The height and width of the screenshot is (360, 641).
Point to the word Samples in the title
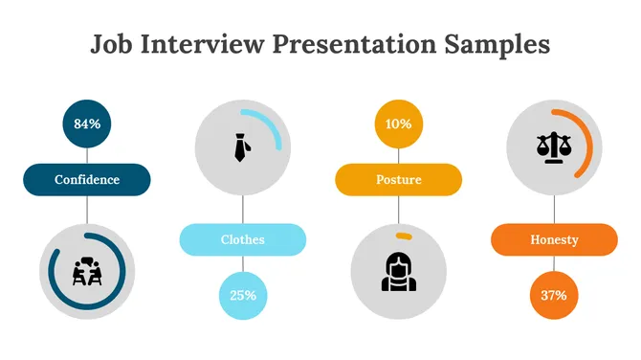(x=497, y=44)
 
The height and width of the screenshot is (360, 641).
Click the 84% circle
(x=87, y=124)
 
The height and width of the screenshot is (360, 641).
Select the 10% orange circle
(x=398, y=124)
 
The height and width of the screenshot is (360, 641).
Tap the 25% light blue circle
(x=242, y=295)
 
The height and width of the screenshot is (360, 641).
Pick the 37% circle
(x=554, y=295)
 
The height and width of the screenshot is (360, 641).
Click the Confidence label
(x=87, y=179)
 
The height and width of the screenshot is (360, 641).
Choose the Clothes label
(x=242, y=239)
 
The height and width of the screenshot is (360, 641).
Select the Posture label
(x=398, y=179)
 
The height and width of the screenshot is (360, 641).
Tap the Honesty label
(x=554, y=239)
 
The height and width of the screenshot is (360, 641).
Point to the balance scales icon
(x=552, y=146)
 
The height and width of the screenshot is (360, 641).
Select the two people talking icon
(x=87, y=272)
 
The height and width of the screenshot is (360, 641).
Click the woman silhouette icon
(x=398, y=271)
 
